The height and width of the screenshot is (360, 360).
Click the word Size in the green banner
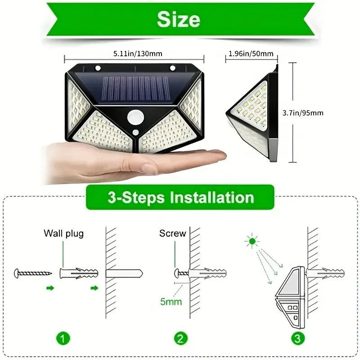[179, 19]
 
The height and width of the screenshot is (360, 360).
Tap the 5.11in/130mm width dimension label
[134, 54]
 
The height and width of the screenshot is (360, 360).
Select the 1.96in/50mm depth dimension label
[251, 54]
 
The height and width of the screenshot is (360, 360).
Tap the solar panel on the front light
[135, 88]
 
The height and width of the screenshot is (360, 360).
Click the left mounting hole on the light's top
[97, 68]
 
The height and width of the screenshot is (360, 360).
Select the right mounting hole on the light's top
[172, 68]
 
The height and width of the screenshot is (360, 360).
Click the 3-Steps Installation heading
[180, 197]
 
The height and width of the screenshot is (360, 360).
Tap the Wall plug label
[63, 234]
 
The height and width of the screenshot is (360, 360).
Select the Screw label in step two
[172, 234]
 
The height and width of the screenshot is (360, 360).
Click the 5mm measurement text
[171, 301]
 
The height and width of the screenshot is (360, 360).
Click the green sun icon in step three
[252, 242]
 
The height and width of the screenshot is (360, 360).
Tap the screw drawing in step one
[33, 273]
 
